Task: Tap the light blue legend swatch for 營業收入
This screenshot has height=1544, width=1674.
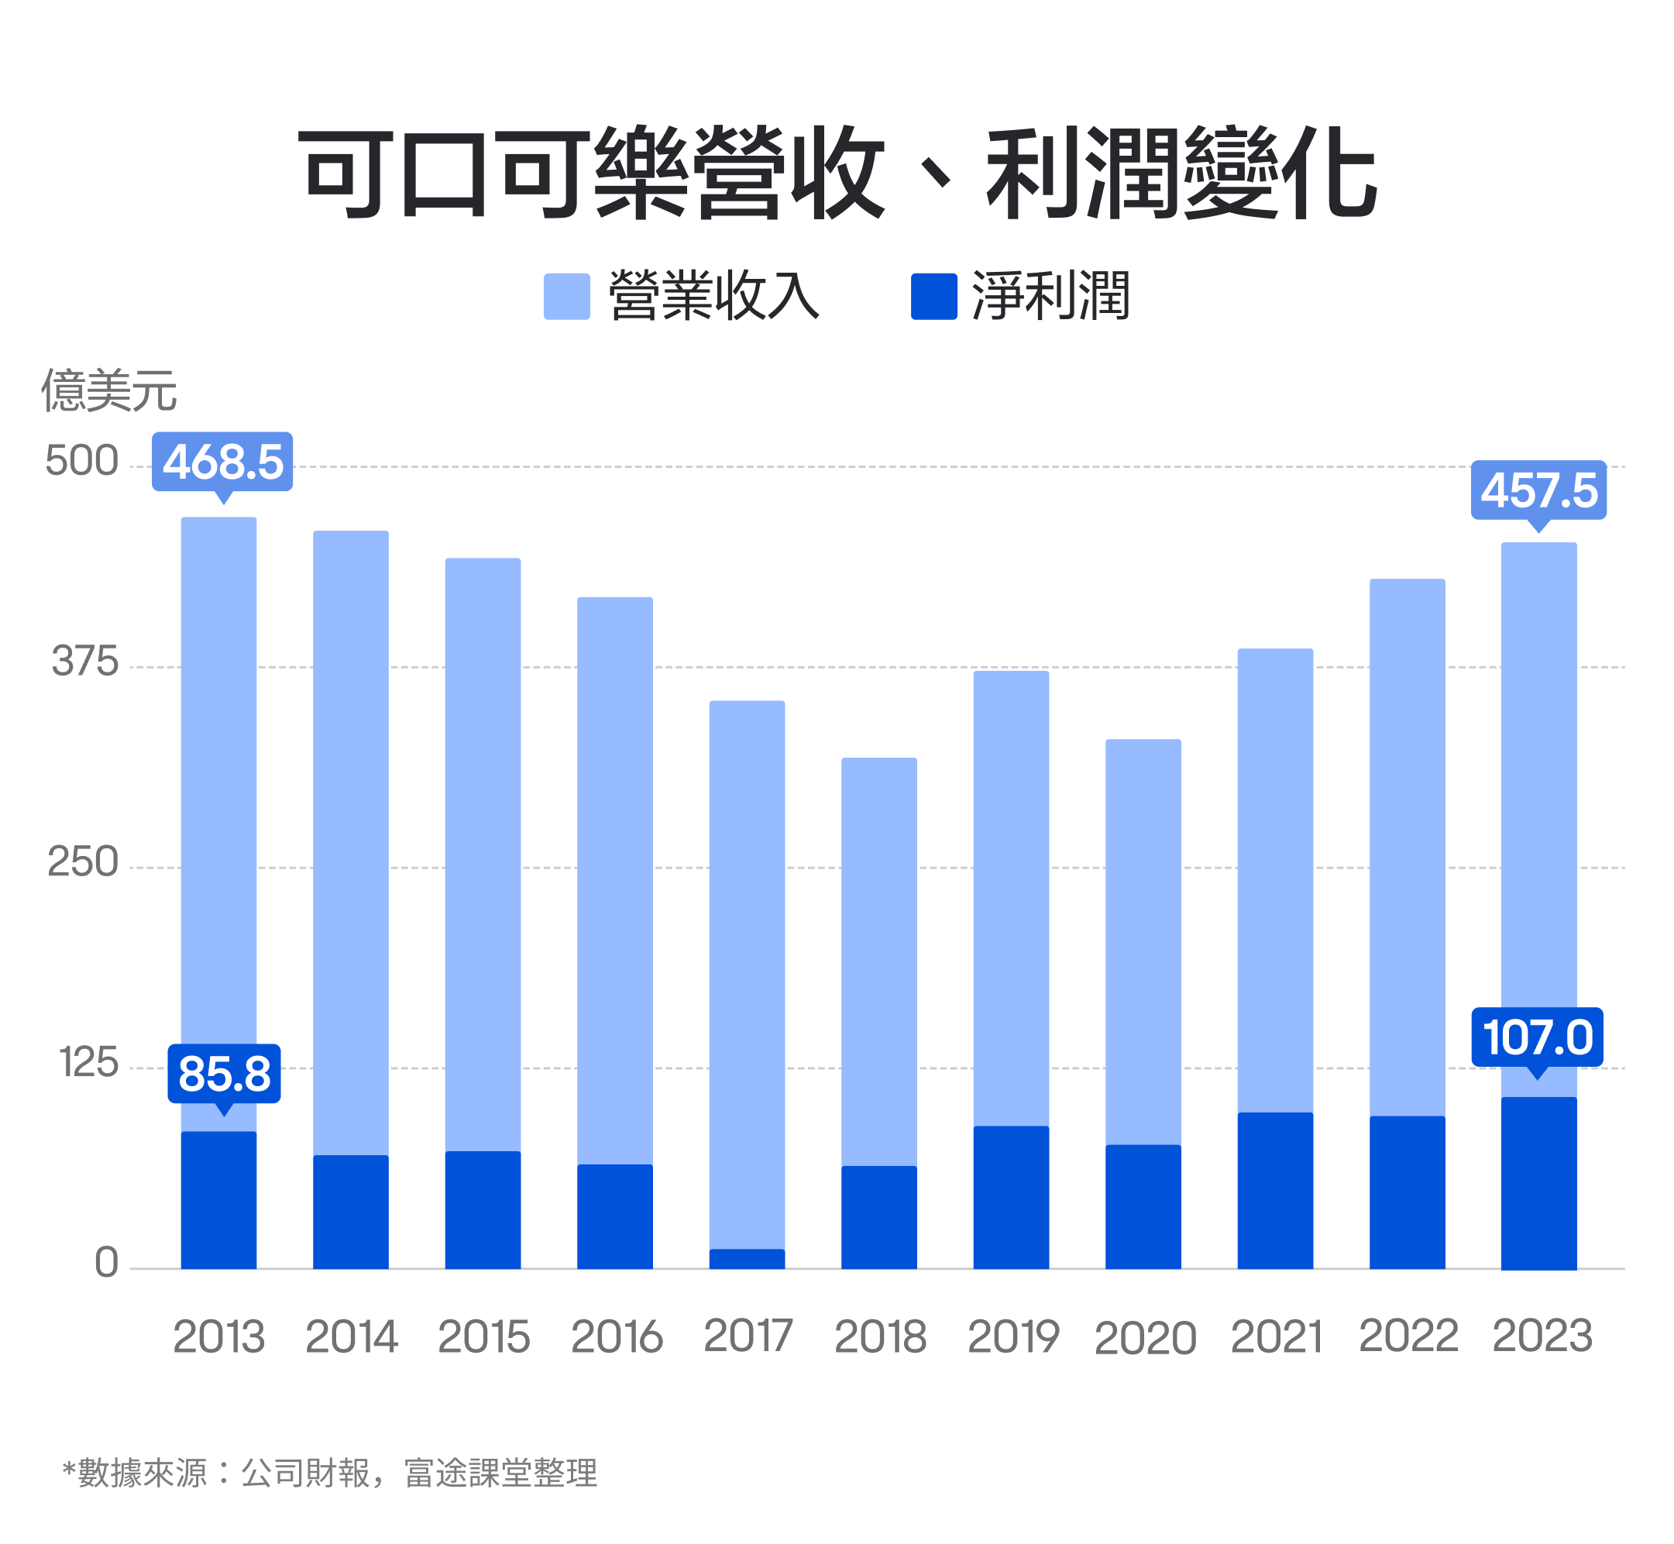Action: [x=566, y=297]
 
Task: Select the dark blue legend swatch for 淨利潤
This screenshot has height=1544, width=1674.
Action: [x=934, y=297]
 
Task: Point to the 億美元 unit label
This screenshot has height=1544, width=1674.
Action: [x=108, y=390]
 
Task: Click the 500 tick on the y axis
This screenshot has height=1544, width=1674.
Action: [x=82, y=461]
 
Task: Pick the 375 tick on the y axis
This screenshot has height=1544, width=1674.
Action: [x=85, y=662]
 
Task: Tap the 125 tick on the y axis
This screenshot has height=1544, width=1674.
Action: [x=88, y=1063]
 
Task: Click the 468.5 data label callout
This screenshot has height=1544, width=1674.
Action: [x=222, y=462]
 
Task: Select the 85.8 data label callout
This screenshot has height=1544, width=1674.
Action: [x=224, y=1074]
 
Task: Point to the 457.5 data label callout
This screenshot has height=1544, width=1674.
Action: [x=1538, y=490]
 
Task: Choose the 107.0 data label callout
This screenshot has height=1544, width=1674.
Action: [x=1537, y=1037]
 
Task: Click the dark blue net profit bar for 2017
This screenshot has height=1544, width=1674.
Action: [x=747, y=1259]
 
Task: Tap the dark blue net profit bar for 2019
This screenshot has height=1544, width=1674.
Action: [x=1011, y=1197]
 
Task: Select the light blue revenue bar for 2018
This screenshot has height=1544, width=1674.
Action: [x=878, y=961]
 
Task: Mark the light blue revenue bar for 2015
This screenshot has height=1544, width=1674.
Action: [x=483, y=852]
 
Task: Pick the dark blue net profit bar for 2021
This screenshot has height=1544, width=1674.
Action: [x=1275, y=1191]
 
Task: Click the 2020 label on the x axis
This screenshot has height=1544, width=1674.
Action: [x=1144, y=1339]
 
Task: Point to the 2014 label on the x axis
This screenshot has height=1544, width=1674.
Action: [x=352, y=1337]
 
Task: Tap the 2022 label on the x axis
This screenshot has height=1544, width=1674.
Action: [x=1408, y=1335]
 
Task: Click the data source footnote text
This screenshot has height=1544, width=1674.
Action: [x=330, y=1473]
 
